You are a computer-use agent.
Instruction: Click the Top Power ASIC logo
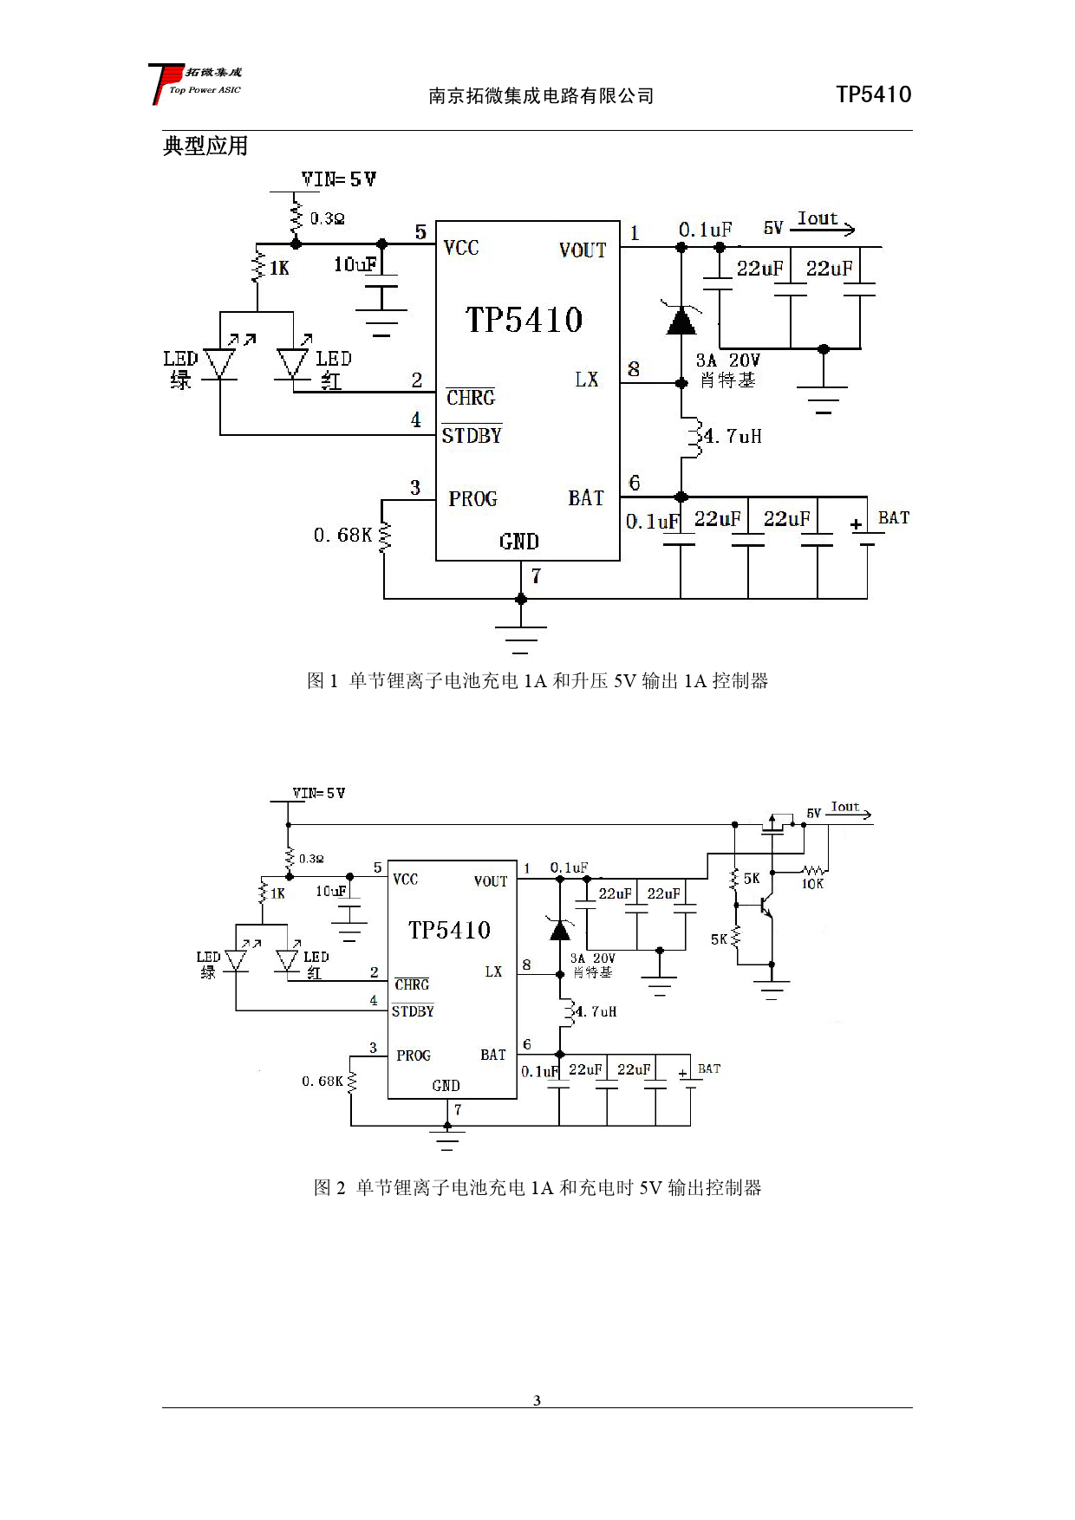coord(194,83)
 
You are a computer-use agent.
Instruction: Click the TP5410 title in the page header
coord(873,94)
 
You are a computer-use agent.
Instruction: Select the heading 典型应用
coord(205,146)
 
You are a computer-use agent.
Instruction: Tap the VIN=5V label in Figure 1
coord(338,179)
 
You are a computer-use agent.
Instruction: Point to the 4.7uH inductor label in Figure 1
coord(733,436)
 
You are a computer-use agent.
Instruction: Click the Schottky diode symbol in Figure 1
coord(681,321)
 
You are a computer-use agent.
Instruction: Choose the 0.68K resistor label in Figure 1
coord(342,536)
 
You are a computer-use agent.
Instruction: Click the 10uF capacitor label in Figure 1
coord(355,264)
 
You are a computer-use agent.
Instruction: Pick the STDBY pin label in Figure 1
coord(472,435)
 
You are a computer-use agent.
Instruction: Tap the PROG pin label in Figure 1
coord(472,499)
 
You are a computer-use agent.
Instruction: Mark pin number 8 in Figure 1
coord(634,369)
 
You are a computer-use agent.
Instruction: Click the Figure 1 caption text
coord(537,681)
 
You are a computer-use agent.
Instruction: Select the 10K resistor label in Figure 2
coord(812,884)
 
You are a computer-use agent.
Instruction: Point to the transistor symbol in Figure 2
coord(762,906)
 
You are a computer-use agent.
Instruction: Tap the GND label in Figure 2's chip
coord(446,1086)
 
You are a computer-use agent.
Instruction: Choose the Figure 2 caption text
coord(537,1187)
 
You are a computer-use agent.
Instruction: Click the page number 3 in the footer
coord(537,1400)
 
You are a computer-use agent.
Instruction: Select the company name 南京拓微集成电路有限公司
coord(541,96)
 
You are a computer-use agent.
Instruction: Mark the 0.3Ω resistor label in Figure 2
coord(311,859)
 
